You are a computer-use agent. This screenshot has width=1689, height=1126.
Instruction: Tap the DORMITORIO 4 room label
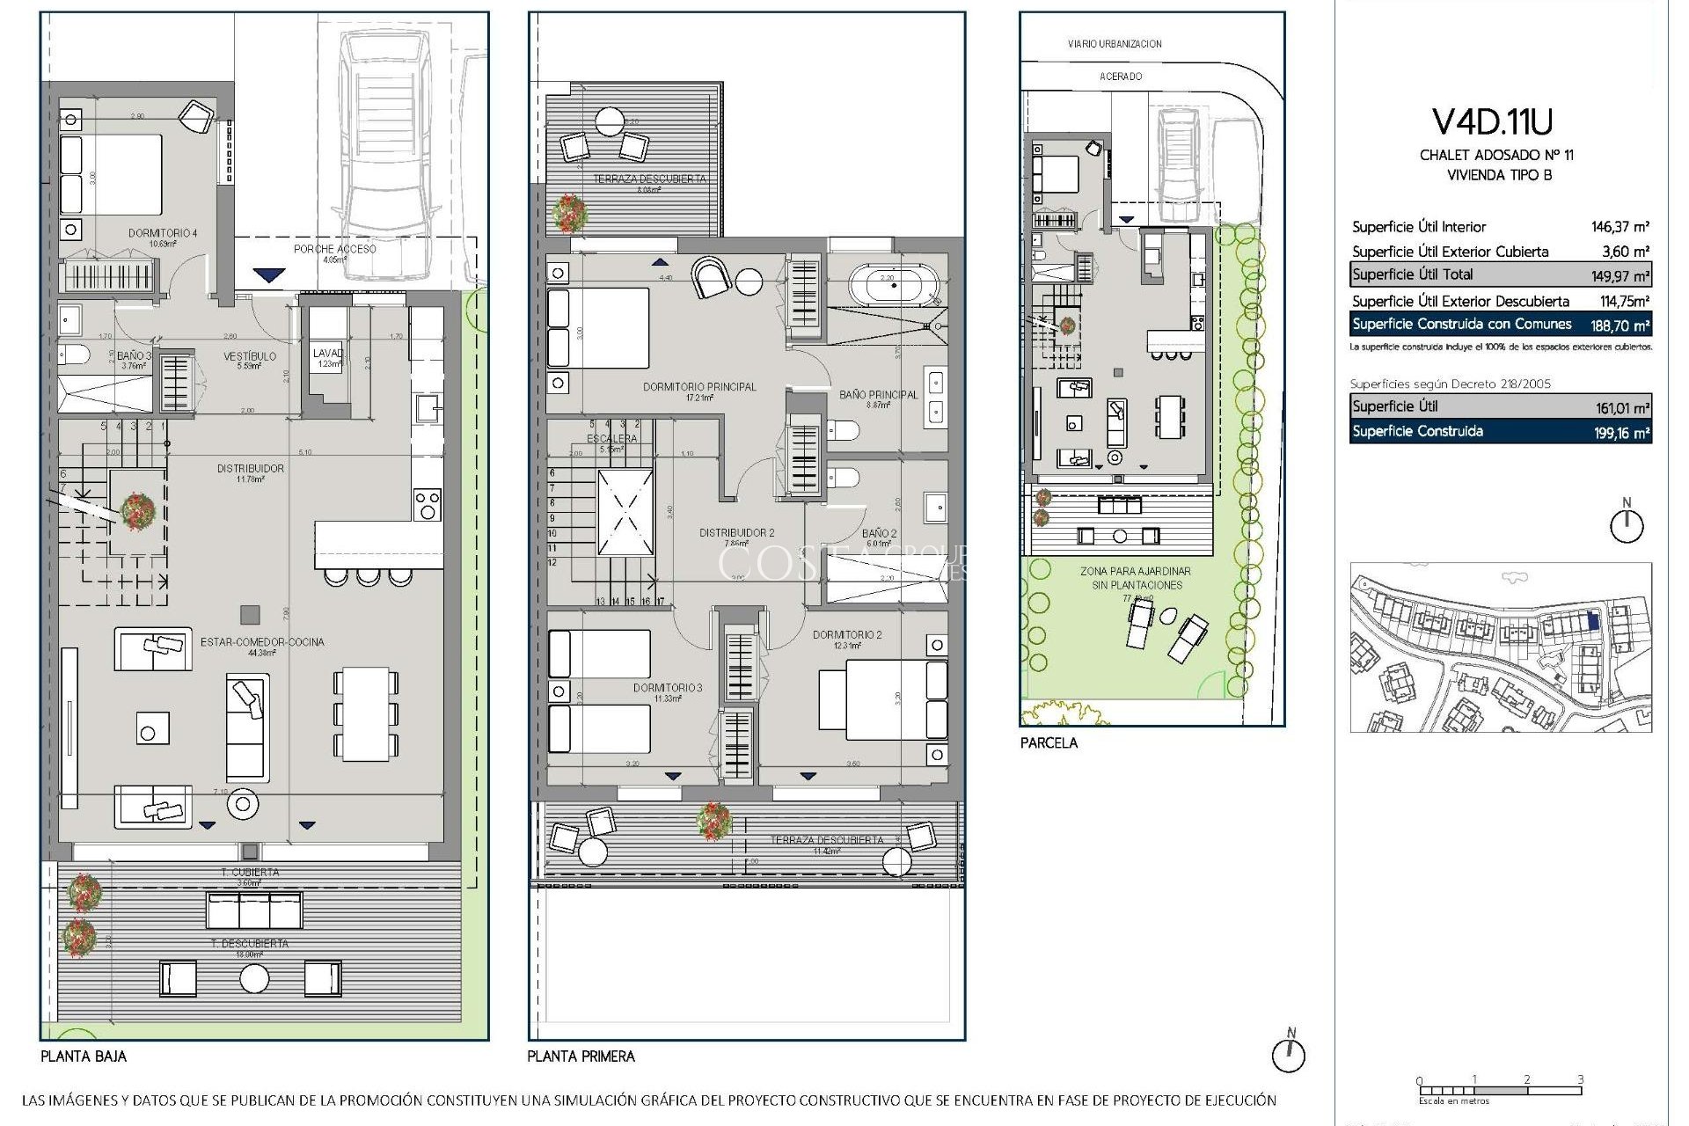pos(163,233)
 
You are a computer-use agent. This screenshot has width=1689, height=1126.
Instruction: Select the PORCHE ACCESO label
pos(334,249)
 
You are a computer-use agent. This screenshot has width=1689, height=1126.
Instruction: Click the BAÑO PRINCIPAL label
pos(878,395)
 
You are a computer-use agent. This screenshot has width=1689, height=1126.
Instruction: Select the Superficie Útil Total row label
pos(1412,274)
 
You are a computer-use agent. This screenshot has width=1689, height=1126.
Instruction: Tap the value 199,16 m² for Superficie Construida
pos(1624,433)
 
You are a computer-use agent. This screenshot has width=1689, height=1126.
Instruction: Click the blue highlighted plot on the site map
pos(1594,621)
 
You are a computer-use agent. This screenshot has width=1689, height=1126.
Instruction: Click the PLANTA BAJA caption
pos(84,1057)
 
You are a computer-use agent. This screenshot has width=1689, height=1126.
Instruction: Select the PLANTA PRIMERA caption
pos(581,1057)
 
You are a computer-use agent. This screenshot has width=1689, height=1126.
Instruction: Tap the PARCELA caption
pos(1049,742)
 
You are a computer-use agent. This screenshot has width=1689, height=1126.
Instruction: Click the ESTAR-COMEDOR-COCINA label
pos(262,642)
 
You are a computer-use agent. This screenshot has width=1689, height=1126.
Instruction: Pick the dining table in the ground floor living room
pos(366,713)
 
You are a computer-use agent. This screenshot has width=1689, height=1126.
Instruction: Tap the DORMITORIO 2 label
pos(846,634)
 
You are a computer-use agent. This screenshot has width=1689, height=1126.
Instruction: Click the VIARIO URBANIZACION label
pos(1114,44)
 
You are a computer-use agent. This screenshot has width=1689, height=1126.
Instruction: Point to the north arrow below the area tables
pos(1626,523)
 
